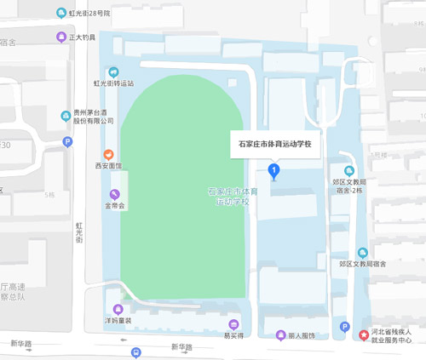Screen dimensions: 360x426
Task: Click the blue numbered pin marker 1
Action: (x=273, y=171)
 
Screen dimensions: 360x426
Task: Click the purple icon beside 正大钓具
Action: (x=60, y=37)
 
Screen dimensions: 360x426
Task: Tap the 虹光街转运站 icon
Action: (x=114, y=71)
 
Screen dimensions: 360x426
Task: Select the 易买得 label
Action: (x=233, y=335)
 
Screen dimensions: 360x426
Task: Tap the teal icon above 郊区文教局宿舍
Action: (x=362, y=253)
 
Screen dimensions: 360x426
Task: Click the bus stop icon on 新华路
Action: (x=135, y=352)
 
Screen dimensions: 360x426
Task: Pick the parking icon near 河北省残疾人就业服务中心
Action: (x=344, y=327)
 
